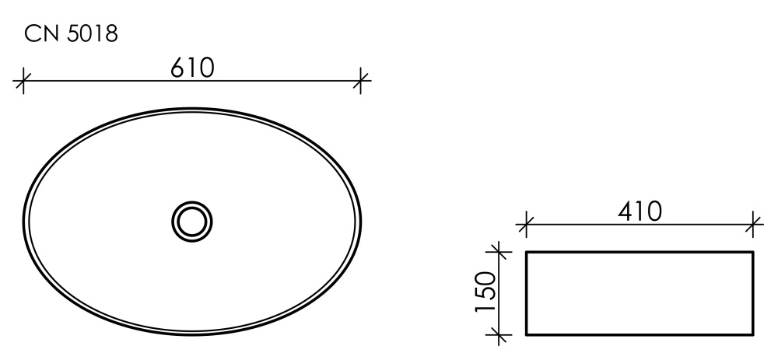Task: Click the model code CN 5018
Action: pos(72,34)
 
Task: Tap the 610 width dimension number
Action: pos(191,68)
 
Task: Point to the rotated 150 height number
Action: pos(485,293)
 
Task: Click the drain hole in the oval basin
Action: pos(192,221)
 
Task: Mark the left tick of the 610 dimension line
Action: pos(23,79)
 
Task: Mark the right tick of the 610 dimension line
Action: pos(361,79)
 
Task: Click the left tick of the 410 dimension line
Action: pos(526,225)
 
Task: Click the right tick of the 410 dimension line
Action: pos(753,225)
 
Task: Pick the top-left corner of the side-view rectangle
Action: pos(527,252)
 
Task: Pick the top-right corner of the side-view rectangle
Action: pos(753,252)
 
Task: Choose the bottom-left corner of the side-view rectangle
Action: pos(527,335)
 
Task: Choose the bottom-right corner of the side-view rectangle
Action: pos(753,335)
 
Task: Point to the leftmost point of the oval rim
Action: pos(23,222)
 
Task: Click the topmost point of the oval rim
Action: pos(192,108)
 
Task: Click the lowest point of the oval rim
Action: pos(192,335)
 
